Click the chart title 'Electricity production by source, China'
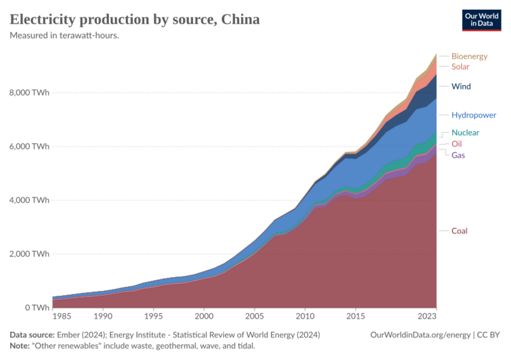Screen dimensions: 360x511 [135, 19]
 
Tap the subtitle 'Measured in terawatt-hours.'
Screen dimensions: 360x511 [65, 35]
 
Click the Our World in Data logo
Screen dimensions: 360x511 [481, 19]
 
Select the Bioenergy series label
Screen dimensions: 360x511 [469, 56]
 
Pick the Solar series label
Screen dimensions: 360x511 [460, 67]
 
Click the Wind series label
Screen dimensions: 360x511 [461, 86]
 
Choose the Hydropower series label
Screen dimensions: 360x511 [474, 115]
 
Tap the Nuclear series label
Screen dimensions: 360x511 [465, 133]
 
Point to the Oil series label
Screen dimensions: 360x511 [457, 143]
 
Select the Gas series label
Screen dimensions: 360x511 [458, 155]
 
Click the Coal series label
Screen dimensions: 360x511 [460, 231]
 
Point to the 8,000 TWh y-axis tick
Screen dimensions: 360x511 [29, 92]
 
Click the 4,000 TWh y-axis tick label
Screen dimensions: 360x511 [29, 200]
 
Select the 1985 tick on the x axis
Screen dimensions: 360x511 [62, 316]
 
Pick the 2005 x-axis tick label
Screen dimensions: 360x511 [255, 316]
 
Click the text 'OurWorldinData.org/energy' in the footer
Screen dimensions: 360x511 [421, 335]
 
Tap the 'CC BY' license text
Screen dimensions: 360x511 [489, 335]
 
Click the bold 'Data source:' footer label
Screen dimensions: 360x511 [32, 335]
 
